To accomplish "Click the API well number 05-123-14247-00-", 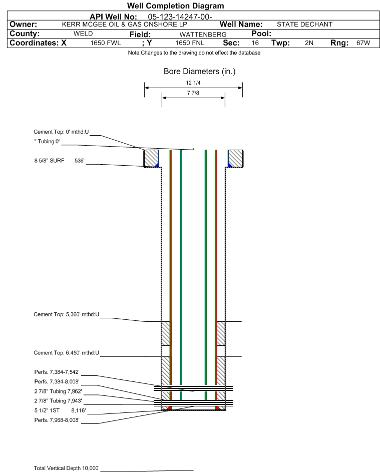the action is coord(180,17).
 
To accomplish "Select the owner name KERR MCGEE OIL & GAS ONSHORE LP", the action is coord(124,25).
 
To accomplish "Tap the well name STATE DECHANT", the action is coord(304,25).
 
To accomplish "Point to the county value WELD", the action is coord(83,34).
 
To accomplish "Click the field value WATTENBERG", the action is coord(203,35).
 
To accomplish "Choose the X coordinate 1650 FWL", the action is coord(105,43).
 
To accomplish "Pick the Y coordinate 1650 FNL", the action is coord(190,43).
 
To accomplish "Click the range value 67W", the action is coord(363,43).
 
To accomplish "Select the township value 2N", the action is coord(309,43).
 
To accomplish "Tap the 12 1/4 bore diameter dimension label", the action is coord(193,83).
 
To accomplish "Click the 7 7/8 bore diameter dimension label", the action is coord(193,93).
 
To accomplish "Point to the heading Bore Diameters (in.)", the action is coord(199,72).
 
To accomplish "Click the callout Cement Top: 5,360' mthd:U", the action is coord(66,314).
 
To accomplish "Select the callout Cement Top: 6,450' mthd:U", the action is coord(66,353).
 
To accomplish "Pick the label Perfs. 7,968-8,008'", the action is coord(57,420).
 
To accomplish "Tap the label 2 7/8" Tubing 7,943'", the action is coord(58,401).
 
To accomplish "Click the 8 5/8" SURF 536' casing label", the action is coord(59,161).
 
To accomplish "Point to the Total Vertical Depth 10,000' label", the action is coord(67,468).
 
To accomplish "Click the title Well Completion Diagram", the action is coord(176,6).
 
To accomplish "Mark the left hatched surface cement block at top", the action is coord(151,158).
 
